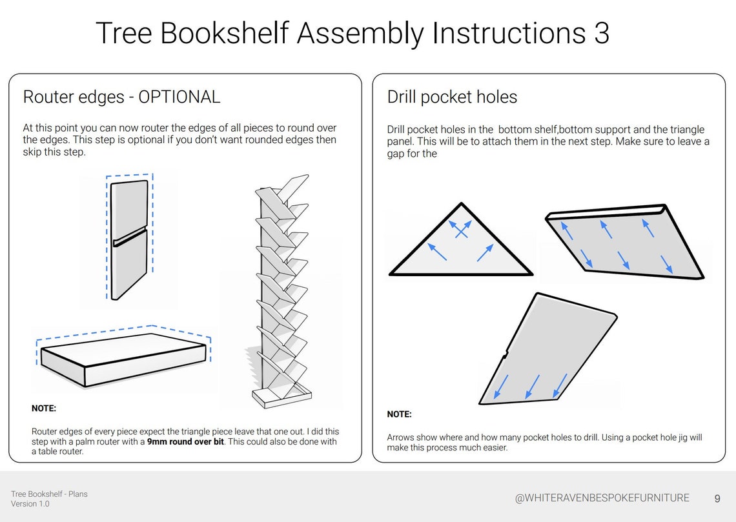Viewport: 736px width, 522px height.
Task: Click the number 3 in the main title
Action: (600, 34)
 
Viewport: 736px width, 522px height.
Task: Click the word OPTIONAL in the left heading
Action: (179, 97)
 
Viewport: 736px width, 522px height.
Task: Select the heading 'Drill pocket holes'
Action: (452, 97)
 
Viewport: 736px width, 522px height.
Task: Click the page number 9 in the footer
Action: (717, 498)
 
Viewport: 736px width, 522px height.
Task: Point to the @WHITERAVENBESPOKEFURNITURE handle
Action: (602, 498)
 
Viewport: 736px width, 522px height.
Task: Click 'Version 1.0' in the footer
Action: (30, 504)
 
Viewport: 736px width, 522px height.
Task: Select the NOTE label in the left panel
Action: (44, 408)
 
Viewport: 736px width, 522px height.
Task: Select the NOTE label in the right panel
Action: (399, 414)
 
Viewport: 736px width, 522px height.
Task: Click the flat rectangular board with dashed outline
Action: (123, 359)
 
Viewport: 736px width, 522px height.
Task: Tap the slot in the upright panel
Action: (130, 237)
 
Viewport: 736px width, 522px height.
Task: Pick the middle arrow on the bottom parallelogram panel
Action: (532, 386)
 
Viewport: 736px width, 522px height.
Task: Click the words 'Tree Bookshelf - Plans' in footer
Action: (49, 494)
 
